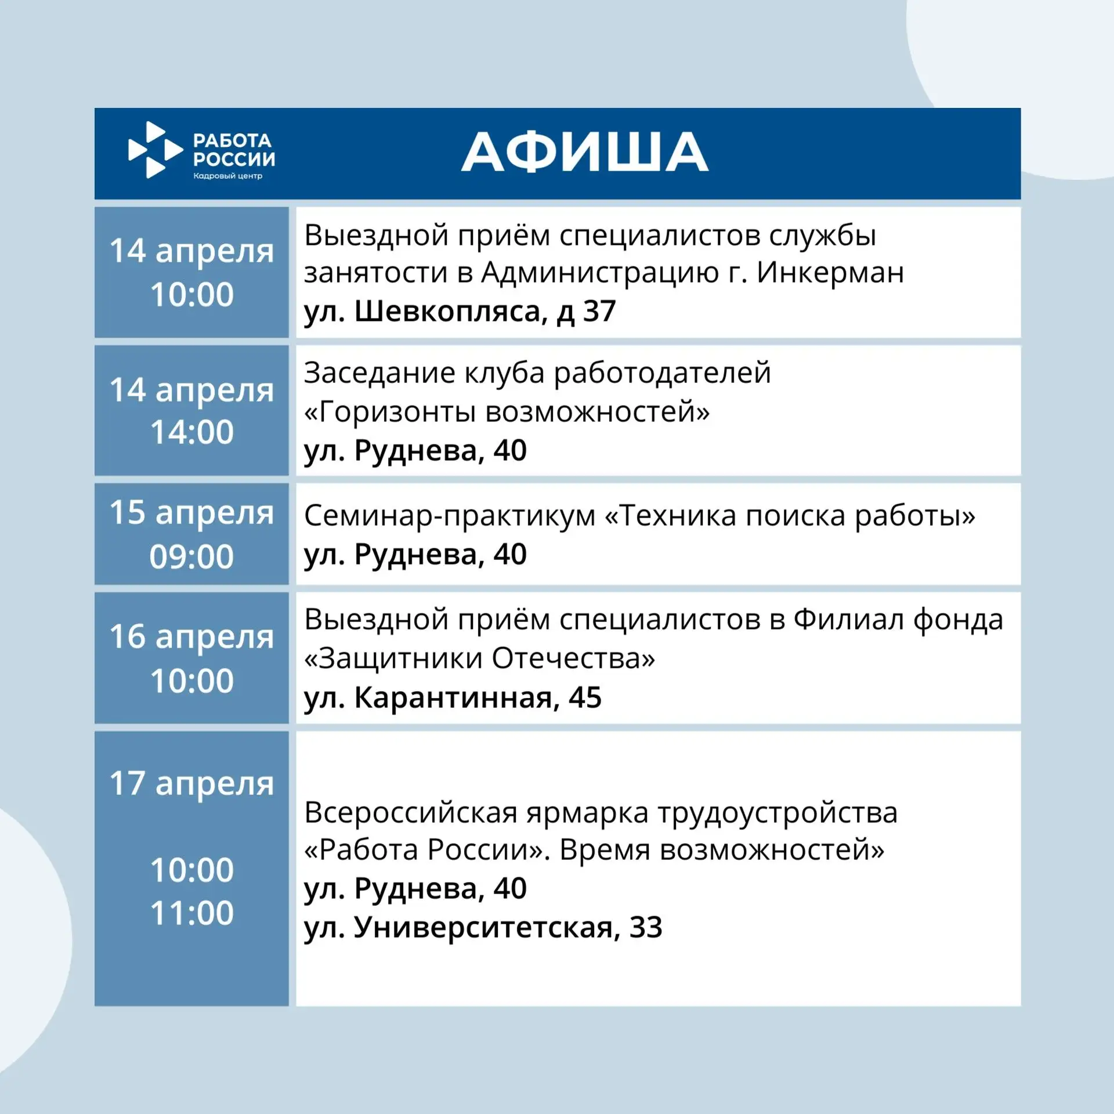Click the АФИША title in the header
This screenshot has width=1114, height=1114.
point(584,151)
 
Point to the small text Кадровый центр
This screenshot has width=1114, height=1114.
point(228,176)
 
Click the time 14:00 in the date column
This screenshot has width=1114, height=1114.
point(192,432)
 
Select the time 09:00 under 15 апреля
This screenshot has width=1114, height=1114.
point(191,556)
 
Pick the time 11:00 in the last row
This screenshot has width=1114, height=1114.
point(192,913)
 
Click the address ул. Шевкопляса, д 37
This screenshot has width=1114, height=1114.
point(460,312)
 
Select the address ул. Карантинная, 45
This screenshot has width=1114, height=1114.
point(453,697)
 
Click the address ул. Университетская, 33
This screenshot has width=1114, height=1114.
point(483,927)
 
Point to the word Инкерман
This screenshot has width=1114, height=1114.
point(830,273)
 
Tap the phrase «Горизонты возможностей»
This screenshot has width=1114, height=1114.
point(507,412)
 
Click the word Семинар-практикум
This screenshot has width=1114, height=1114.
point(450,516)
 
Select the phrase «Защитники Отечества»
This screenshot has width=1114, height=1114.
point(479,659)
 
